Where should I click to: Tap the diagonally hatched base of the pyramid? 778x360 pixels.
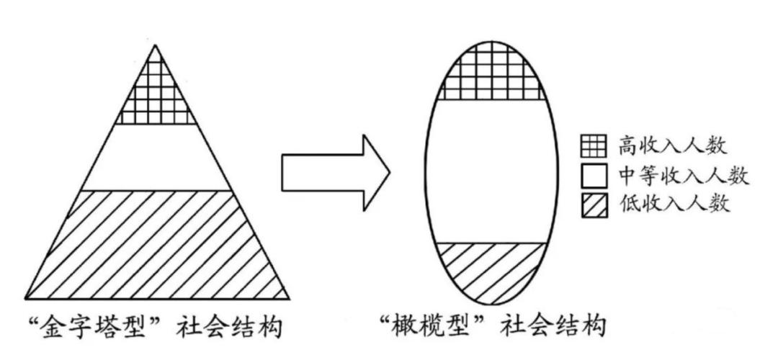[x=157, y=245]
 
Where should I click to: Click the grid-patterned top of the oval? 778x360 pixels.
[x=491, y=74]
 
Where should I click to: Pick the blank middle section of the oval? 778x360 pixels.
[x=491, y=171]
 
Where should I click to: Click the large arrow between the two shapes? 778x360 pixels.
[x=336, y=173]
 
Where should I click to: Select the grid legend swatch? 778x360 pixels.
[x=594, y=147]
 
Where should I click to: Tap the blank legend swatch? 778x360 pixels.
[x=594, y=176]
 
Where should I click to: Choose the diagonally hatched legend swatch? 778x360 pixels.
[x=594, y=205]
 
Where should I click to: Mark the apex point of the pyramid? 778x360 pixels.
[x=156, y=45]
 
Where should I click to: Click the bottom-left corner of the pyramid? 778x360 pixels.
[x=26, y=299]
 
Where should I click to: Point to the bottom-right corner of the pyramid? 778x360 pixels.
[x=289, y=299]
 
